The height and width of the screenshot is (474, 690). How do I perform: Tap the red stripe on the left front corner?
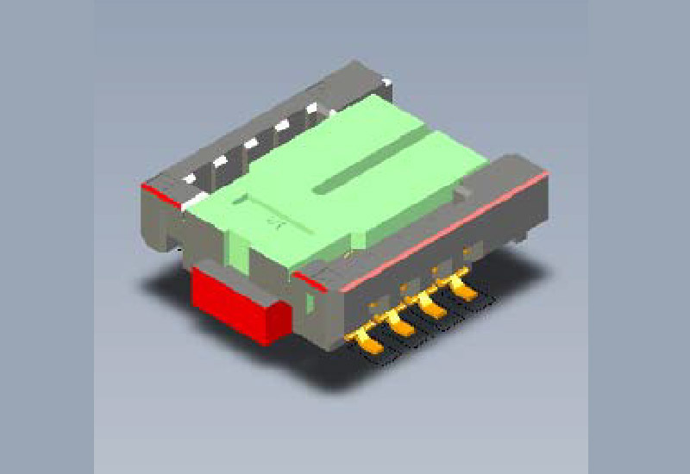pyautogui.click(x=163, y=193)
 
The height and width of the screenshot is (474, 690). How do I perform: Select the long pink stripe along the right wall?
pyautogui.click(x=448, y=228)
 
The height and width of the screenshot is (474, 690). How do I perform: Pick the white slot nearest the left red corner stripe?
pyautogui.click(x=190, y=178)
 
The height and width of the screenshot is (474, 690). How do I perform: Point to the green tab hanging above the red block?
pyautogui.click(x=233, y=250)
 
